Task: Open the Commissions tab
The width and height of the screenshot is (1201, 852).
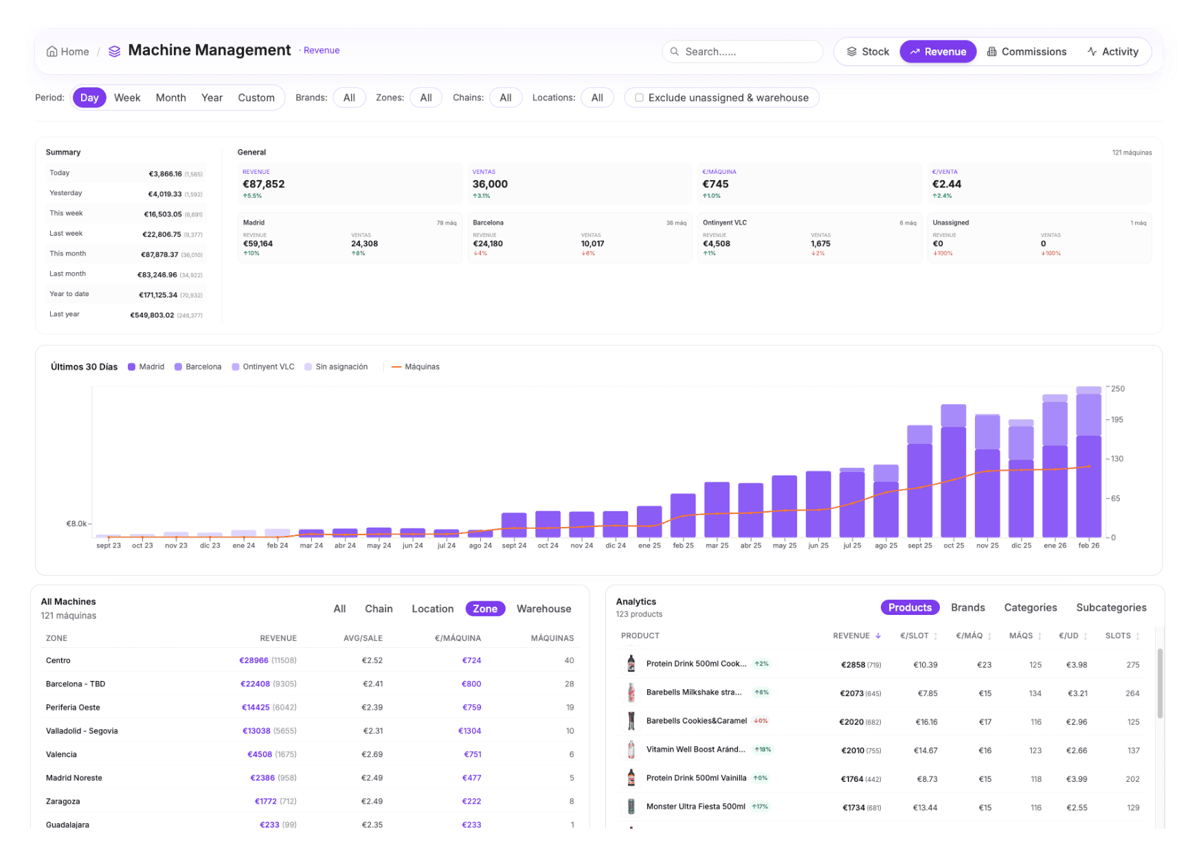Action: coord(1026,52)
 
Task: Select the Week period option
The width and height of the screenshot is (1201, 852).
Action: coord(127,98)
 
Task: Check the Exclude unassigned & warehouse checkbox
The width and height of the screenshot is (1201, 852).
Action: coord(639,98)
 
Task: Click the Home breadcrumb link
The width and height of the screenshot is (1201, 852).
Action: coord(67,52)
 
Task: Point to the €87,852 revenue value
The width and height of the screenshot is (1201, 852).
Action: coord(263,184)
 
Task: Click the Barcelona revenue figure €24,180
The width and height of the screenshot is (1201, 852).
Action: coord(487,244)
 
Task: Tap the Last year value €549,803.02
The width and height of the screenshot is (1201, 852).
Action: coord(152,315)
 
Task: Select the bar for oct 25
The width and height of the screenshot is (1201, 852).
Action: coord(953,474)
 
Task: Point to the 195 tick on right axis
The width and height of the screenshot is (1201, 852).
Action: coord(1117,420)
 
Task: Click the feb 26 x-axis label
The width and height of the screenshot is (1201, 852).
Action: coord(1088,546)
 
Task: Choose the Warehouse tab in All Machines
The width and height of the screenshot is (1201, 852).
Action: coord(543,609)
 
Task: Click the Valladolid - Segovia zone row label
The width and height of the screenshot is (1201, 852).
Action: coord(82,731)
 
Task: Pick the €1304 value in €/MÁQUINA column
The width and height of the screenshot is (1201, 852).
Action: coord(469,731)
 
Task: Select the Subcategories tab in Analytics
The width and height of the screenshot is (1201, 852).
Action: coord(1110,607)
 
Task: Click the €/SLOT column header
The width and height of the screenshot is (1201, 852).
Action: coord(914,636)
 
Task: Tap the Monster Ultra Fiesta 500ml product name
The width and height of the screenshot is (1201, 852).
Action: coord(695,807)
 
